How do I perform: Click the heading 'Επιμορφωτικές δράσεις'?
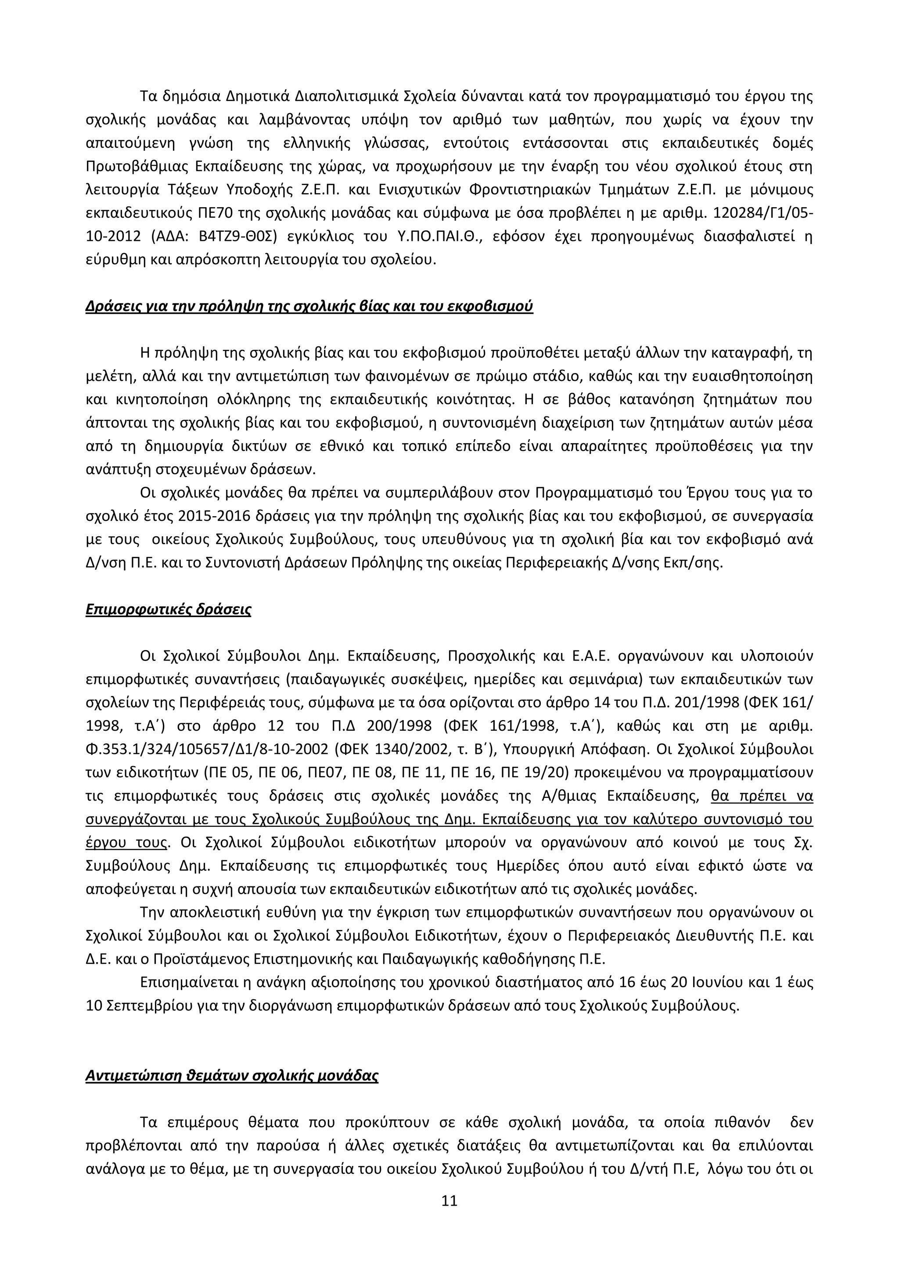tap(168, 610)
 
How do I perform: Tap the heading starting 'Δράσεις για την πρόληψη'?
tap(309, 306)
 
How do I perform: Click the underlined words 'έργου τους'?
tap(127, 843)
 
